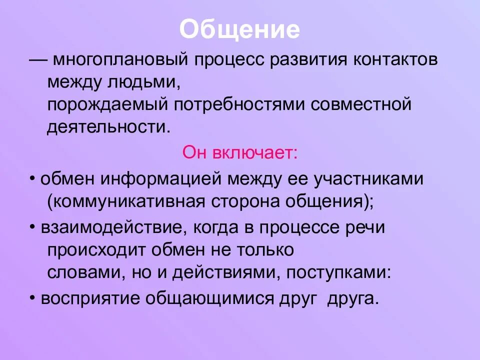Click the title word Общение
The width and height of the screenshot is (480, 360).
tap(239, 30)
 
